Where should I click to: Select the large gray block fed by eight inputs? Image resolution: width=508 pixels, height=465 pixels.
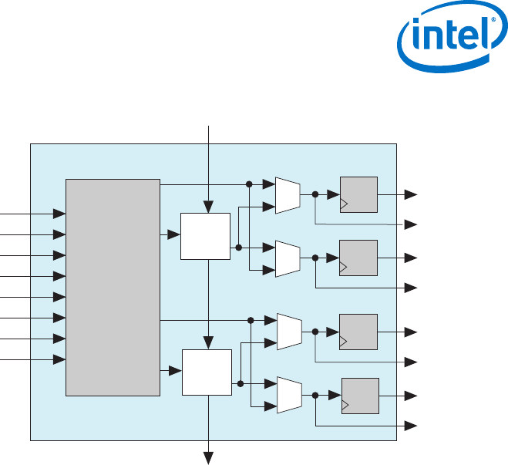pyautogui.click(x=113, y=287)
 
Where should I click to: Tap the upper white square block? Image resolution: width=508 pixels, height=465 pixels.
pyautogui.click(x=205, y=236)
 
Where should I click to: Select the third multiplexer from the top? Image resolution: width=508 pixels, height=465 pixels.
pyautogui.click(x=288, y=331)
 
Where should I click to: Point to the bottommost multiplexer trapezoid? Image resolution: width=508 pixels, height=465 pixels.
pyautogui.click(x=288, y=394)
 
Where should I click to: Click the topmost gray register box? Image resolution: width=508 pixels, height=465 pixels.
pyautogui.click(x=358, y=194)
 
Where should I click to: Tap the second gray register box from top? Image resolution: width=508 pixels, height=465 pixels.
pyautogui.click(x=358, y=258)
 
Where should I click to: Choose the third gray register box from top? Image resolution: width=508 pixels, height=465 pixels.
pyautogui.click(x=358, y=332)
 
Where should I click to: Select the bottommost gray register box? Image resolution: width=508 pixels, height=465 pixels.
pyautogui.click(x=360, y=395)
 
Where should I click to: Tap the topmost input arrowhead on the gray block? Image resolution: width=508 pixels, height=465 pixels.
pyautogui.click(x=59, y=213)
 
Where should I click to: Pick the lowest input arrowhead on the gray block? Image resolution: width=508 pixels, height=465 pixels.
pyautogui.click(x=59, y=359)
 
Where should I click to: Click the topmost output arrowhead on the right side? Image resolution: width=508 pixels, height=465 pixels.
pyautogui.click(x=412, y=194)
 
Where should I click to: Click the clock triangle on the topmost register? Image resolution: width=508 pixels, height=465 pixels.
pyautogui.click(x=344, y=205)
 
